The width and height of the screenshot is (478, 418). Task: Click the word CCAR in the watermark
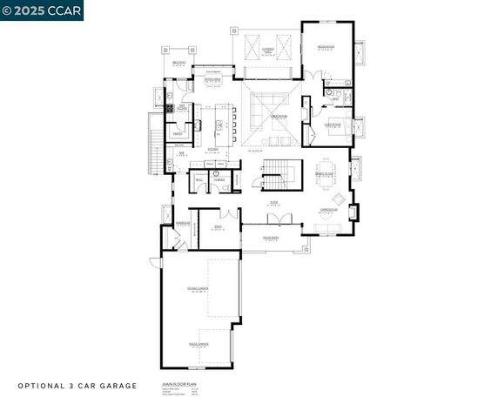(64, 10)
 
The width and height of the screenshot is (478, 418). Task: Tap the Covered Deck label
(270, 51)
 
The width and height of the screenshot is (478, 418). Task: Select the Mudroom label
(182, 223)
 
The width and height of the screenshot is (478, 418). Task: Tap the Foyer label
(273, 204)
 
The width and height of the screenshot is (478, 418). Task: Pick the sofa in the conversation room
(328, 228)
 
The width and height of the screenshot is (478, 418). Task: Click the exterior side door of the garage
(154, 262)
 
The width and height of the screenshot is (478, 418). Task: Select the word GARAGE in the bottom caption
(120, 385)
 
